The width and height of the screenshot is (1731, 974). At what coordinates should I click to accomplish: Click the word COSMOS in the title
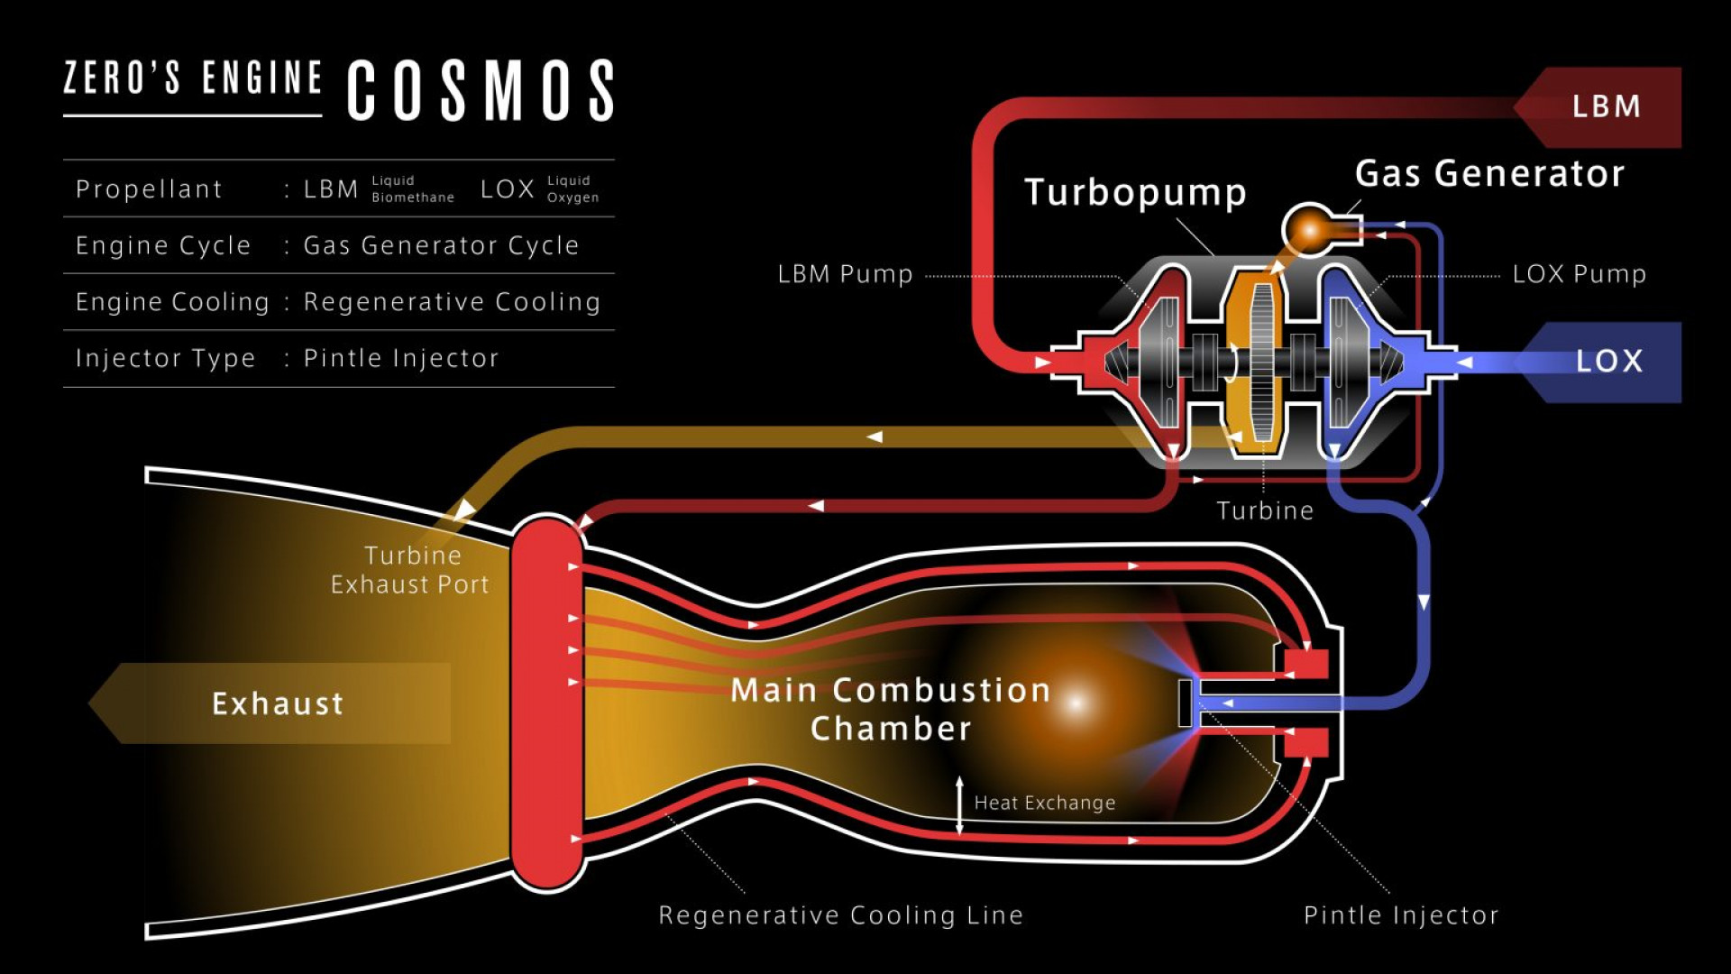(x=481, y=90)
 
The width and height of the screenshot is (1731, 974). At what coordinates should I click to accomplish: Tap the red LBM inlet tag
(x=1605, y=106)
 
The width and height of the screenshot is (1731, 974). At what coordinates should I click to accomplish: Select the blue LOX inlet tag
(x=1607, y=362)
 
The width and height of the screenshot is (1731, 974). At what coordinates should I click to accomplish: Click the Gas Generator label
(x=1489, y=174)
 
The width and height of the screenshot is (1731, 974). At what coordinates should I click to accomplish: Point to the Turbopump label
(x=1135, y=193)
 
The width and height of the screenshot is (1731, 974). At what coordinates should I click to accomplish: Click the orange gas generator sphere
(x=1309, y=229)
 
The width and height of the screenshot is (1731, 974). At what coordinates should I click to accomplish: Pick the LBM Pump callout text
(x=845, y=274)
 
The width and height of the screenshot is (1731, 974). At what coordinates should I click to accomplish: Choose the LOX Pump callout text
(x=1579, y=274)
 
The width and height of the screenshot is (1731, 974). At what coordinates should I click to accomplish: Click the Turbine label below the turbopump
(x=1265, y=511)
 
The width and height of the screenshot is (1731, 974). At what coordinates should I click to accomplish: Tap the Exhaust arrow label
(x=278, y=703)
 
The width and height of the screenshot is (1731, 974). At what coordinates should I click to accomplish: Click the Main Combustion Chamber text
(x=891, y=709)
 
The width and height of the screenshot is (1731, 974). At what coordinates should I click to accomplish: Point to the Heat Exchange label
(x=1045, y=803)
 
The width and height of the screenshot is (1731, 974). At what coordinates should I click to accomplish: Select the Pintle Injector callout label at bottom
(x=1401, y=915)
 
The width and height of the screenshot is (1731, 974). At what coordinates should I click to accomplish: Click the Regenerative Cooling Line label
(x=840, y=915)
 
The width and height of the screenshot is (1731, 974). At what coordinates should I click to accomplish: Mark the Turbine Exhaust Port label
(x=410, y=570)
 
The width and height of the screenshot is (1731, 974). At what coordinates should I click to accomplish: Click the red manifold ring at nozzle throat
(x=546, y=703)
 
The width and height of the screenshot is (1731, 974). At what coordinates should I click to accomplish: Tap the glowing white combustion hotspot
(x=1076, y=703)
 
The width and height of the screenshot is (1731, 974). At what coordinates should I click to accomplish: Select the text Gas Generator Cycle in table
(x=441, y=245)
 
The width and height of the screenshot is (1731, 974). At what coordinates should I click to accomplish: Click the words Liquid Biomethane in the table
(x=412, y=189)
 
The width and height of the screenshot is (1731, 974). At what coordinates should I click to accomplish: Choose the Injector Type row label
(x=165, y=359)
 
